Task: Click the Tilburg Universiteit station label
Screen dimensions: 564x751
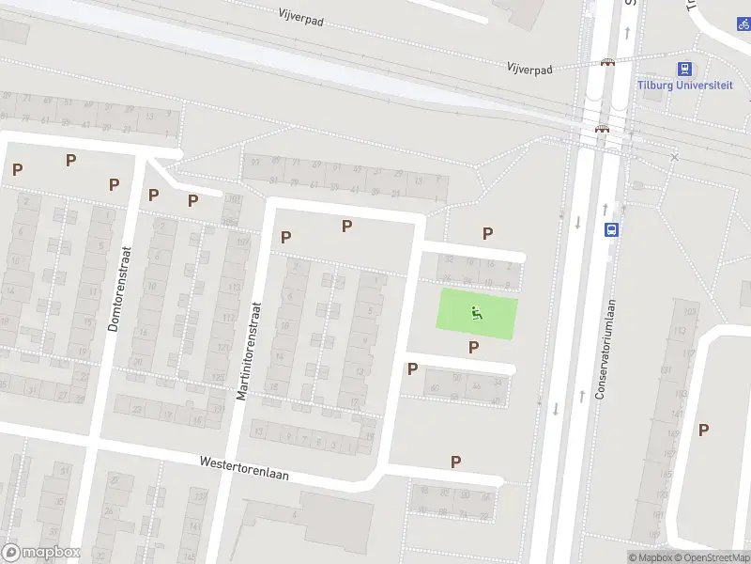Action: click(x=684, y=85)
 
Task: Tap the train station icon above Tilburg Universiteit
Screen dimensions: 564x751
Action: click(x=685, y=68)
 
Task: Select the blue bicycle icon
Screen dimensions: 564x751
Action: click(x=743, y=24)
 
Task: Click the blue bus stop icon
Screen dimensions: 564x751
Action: click(x=610, y=228)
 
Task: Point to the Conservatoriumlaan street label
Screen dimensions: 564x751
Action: click(x=609, y=351)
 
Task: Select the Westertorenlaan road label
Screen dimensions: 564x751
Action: click(x=243, y=468)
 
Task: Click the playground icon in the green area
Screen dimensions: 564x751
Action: click(x=477, y=313)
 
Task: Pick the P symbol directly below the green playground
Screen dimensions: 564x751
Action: click(x=473, y=347)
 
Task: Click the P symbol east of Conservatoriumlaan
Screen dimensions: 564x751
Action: click(x=703, y=430)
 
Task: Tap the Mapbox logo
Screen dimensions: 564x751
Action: click(x=41, y=553)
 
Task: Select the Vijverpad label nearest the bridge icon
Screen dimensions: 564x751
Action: click(x=529, y=70)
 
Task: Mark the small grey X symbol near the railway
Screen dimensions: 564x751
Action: click(x=674, y=157)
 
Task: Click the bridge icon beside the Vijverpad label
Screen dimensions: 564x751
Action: click(x=608, y=63)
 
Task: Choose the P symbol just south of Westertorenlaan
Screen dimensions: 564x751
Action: click(x=455, y=462)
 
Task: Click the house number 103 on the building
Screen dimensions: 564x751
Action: click(x=691, y=311)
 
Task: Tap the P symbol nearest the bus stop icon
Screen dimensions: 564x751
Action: click(x=487, y=233)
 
